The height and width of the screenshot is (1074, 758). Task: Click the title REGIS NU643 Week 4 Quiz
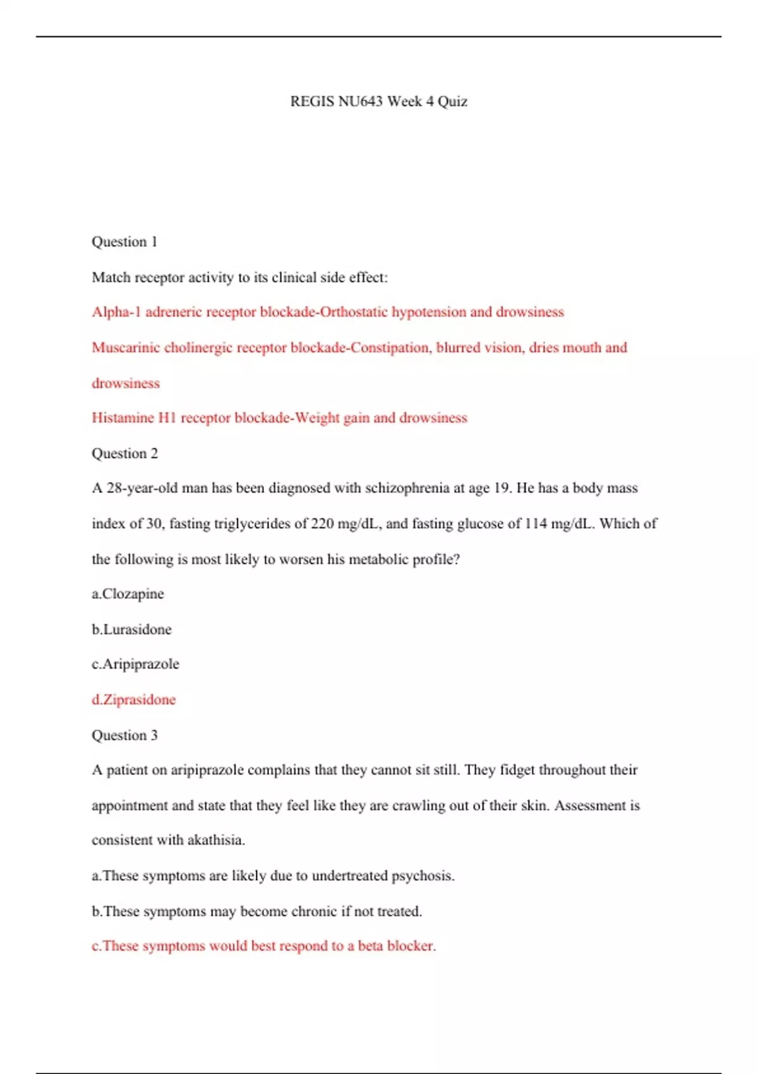(378, 101)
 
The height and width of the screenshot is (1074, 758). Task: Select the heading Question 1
(124, 242)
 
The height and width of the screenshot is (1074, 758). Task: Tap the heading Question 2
(124, 454)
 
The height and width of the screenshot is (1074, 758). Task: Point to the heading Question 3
(124, 735)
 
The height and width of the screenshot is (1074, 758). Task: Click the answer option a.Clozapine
(128, 594)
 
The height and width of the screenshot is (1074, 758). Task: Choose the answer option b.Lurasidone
(131, 629)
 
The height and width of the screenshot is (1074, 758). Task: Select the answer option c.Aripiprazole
(135, 664)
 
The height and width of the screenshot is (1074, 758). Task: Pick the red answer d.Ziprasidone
(133, 700)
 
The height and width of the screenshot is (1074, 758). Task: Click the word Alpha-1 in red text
(116, 312)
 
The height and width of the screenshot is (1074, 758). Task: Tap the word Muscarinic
(125, 347)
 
